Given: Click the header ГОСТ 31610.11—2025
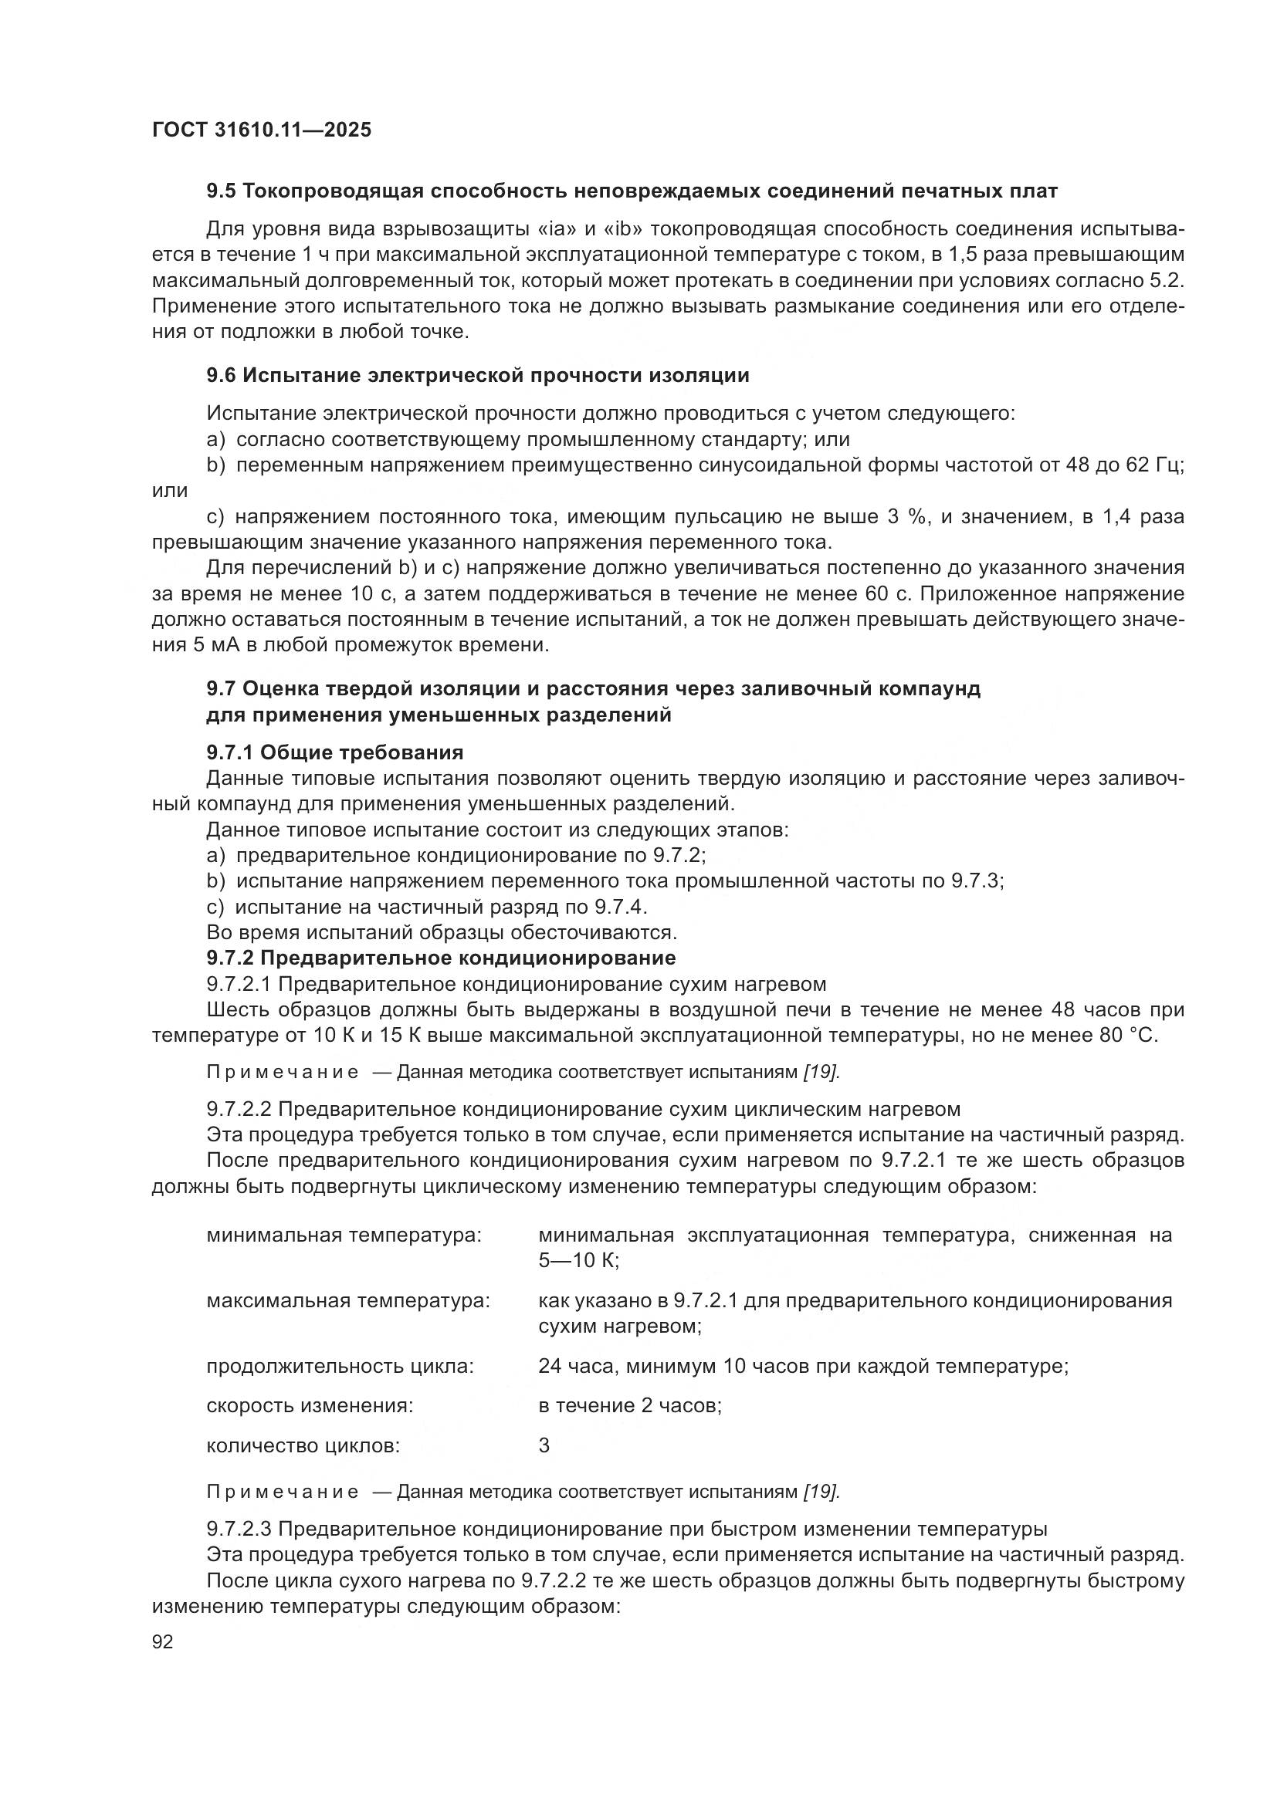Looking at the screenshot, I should coord(261,130).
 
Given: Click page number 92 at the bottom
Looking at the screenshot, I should coord(163,1641).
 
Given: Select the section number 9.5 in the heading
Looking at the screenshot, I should coord(220,191).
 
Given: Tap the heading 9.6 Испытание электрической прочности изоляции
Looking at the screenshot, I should coord(477,376).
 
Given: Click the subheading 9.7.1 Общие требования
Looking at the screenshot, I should coord(334,753).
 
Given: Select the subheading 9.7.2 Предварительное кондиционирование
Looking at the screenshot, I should coord(440,958).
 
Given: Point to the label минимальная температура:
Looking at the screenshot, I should coord(344,1235).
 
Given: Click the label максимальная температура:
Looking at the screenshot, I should coord(347,1301).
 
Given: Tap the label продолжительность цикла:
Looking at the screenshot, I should coord(340,1367).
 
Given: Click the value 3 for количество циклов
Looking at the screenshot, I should coord(544,1445).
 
